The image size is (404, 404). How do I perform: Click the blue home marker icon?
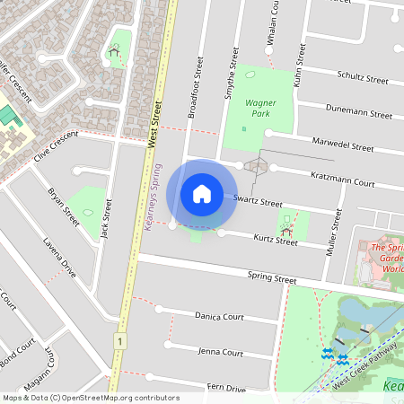202,193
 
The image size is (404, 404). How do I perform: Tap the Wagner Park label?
260,109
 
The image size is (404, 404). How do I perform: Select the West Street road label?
154,123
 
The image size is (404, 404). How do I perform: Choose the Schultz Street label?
361,78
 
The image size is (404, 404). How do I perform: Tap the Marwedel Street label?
342,145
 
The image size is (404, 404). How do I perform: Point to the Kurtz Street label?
276,241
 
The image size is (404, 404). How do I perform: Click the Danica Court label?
219,316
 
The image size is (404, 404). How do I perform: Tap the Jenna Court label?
220,353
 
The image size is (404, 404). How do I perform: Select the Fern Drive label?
225,388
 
